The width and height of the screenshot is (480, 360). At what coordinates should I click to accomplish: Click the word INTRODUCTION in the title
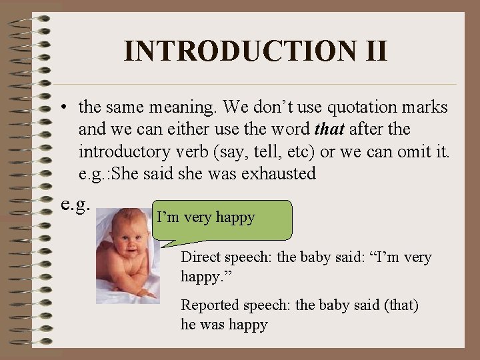[237, 51]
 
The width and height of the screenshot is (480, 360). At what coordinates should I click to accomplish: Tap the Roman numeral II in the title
[371, 51]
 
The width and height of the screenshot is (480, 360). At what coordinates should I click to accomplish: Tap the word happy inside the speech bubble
[234, 217]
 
